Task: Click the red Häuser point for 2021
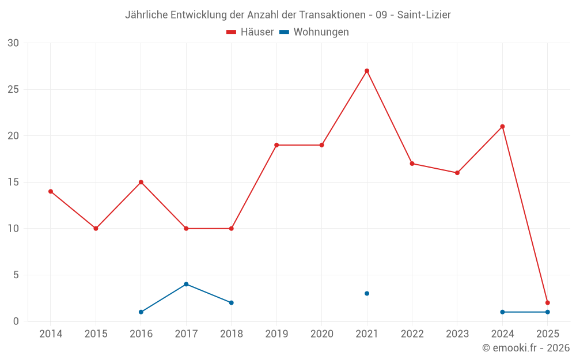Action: [367, 71]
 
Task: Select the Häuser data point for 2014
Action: [51, 191]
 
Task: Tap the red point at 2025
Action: [548, 302]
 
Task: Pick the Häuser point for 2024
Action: [502, 127]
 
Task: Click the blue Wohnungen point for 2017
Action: [186, 284]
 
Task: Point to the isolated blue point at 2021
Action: [367, 293]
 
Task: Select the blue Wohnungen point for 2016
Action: [141, 312]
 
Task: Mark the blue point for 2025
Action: [548, 312]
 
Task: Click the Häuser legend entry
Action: [250, 32]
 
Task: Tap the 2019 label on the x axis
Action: [276, 334]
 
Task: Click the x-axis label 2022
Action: [412, 334]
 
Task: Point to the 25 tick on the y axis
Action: [13, 89]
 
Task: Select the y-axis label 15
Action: [13, 182]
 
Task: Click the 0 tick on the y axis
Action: [16, 321]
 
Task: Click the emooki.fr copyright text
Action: [526, 348]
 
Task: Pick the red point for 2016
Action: [141, 182]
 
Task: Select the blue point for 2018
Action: [232, 302]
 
